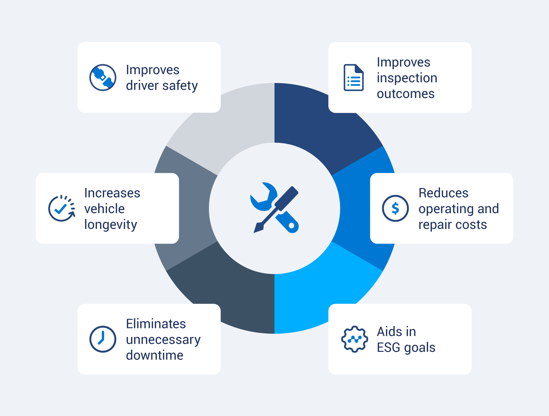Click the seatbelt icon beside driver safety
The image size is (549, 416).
click(x=103, y=77)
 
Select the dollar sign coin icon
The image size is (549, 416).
click(x=395, y=208)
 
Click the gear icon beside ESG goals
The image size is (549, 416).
click(x=354, y=339)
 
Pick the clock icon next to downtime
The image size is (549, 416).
click(x=103, y=339)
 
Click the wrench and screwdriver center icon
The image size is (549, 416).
click(x=274, y=208)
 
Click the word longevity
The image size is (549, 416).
click(x=111, y=225)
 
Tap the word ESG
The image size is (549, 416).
click(x=388, y=348)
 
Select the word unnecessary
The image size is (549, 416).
click(x=163, y=340)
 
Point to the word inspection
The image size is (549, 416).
click(x=407, y=78)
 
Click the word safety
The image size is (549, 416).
click(x=180, y=86)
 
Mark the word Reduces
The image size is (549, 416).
click(x=443, y=193)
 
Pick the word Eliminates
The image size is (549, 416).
click(x=156, y=324)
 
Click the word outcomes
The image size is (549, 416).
click(x=406, y=94)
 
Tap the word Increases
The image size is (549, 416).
click(x=112, y=193)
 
